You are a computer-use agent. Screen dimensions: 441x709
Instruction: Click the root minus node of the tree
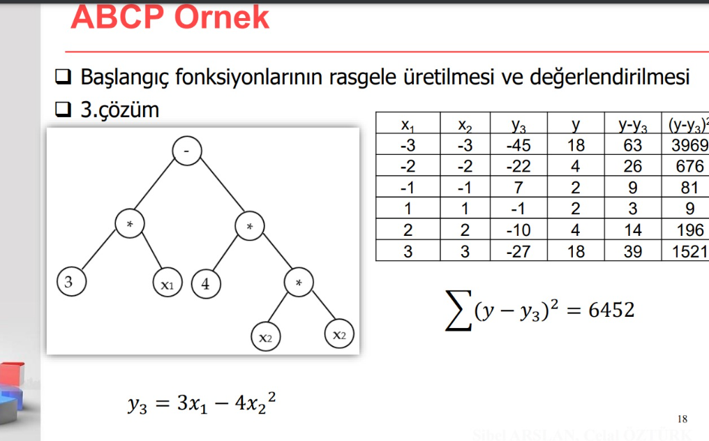pyautogui.click(x=186, y=151)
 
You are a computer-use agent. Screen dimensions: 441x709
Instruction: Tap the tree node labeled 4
pyautogui.click(x=205, y=284)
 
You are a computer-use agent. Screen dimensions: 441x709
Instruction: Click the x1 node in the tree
pyautogui.click(x=167, y=284)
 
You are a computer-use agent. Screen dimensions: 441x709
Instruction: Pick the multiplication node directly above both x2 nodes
pyautogui.click(x=299, y=283)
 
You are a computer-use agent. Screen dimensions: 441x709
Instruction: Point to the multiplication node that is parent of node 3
pyautogui.click(x=129, y=224)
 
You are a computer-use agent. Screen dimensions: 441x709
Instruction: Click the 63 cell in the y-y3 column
pyautogui.click(x=632, y=146)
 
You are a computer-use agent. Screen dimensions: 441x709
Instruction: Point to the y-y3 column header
pyautogui.click(x=632, y=126)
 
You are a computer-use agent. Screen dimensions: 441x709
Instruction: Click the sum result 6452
pyautogui.click(x=611, y=310)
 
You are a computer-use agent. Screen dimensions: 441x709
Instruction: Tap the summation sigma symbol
pyautogui.click(x=458, y=311)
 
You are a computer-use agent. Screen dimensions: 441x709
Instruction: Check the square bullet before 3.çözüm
pyautogui.click(x=64, y=110)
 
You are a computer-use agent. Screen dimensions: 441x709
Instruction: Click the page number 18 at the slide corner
pyautogui.click(x=682, y=419)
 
